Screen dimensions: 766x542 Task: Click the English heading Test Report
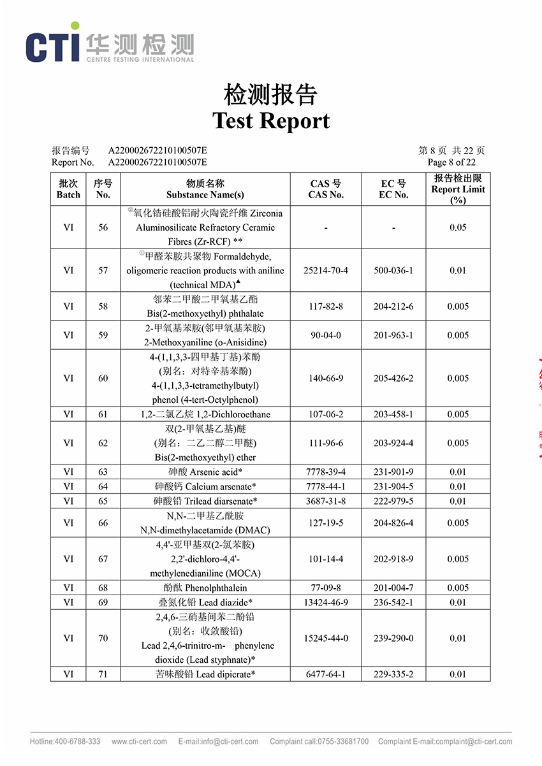271,120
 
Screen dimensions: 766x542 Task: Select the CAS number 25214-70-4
326,270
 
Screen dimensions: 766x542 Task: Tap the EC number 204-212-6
393,307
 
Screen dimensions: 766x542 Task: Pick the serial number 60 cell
103,378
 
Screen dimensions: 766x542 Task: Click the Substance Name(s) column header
205,189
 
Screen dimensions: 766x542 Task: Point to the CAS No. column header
326,189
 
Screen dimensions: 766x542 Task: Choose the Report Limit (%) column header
458,189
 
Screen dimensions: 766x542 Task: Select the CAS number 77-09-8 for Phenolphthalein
326,588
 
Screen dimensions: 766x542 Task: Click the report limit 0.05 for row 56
458,228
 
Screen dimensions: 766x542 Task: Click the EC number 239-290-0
393,638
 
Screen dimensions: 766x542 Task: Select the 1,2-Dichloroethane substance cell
205,414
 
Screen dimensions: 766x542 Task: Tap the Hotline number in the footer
65,742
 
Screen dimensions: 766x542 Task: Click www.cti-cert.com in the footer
139,742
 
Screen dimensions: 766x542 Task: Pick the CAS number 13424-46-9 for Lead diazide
326,602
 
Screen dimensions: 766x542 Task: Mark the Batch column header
68,189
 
